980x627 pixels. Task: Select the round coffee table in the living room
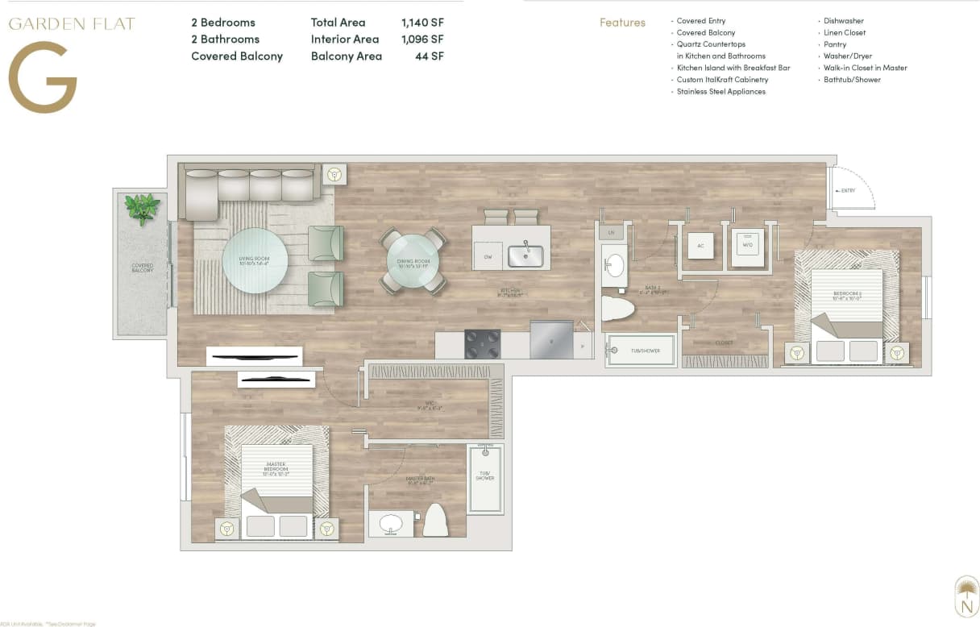[x=255, y=260]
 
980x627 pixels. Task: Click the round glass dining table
[x=413, y=260]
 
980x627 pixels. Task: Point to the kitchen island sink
[x=525, y=255]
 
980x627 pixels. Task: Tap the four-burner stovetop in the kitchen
[x=482, y=344]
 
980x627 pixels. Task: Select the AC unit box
[x=700, y=245]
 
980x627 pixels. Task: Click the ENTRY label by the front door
[x=847, y=191]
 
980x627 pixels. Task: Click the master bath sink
[x=391, y=523]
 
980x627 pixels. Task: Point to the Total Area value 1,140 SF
[x=421, y=23]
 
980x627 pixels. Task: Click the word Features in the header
[x=622, y=23]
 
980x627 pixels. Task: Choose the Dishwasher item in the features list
[x=843, y=21]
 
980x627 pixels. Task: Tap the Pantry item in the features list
[x=834, y=44]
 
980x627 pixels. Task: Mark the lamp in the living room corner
[x=334, y=175]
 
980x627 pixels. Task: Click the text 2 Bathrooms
[x=225, y=39]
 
